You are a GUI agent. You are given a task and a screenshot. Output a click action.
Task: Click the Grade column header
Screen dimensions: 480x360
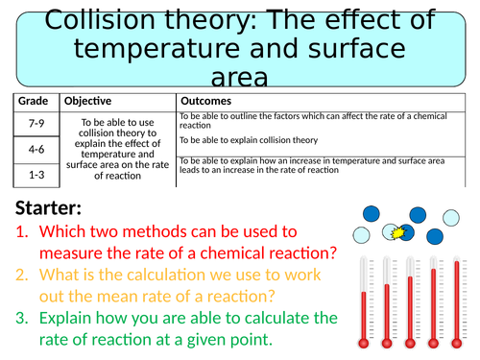[33, 101]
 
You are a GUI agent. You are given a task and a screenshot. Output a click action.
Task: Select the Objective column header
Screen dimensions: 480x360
[87, 101]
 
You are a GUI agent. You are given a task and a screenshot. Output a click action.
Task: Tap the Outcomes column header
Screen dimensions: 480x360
[205, 101]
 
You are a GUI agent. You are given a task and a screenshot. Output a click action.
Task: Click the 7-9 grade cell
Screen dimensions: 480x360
[36, 123]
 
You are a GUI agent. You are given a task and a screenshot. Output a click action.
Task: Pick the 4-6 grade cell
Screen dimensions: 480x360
[36, 149]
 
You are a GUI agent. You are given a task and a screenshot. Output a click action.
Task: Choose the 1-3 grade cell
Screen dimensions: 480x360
[36, 175]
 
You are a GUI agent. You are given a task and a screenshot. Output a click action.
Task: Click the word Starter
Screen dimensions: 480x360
[48, 207]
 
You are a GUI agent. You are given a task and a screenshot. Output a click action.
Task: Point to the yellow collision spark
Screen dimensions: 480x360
[398, 232]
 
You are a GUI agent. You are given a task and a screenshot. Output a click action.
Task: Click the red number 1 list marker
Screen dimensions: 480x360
[22, 231]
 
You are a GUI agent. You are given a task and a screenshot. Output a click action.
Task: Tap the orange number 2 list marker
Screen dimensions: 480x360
[22, 275]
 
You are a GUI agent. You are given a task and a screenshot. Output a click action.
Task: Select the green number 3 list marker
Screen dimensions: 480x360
[22, 318]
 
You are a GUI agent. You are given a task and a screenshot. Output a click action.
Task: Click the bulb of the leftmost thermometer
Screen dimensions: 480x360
[364, 344]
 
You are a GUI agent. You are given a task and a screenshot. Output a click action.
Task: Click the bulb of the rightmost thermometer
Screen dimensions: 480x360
[457, 344]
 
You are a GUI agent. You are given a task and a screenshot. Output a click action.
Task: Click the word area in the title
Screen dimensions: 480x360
[239, 78]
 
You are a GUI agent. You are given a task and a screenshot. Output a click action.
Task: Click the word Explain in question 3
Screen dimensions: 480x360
[65, 319]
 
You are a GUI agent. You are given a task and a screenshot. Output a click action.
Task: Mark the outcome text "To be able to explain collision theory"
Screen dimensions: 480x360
[249, 140]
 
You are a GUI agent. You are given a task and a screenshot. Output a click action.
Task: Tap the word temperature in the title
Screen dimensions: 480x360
[156, 49]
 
